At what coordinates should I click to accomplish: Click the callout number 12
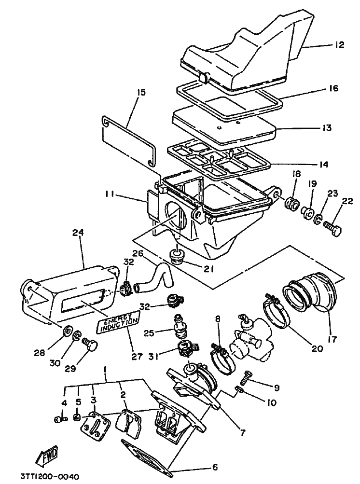339,45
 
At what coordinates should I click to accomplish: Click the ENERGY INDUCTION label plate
118,322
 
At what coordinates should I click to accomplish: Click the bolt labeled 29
90,345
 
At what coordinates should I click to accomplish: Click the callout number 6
215,467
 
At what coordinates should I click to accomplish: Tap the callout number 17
332,339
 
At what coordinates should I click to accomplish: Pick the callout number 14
323,165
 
